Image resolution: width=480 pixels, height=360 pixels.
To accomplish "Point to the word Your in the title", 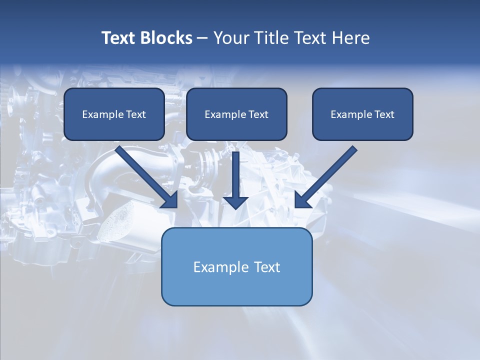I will (x=230, y=38).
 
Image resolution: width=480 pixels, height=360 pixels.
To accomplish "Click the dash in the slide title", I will (x=202, y=38).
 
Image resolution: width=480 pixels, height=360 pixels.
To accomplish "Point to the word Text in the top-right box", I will (x=384, y=114).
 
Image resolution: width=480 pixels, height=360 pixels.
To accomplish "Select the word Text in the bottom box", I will (x=267, y=267).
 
